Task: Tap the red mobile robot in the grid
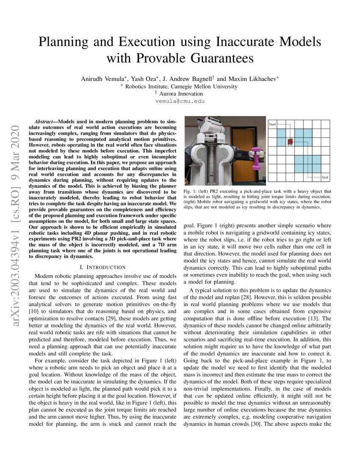pyautogui.click(x=290, y=141)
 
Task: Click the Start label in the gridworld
pyautogui.click(x=273, y=124)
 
